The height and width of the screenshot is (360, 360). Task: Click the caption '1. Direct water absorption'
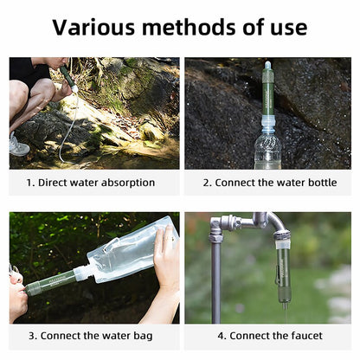(91, 183)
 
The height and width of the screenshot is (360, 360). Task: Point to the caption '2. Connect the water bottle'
(268, 183)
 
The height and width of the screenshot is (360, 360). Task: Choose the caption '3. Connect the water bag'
(91, 336)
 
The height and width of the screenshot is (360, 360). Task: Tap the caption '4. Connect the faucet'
(268, 336)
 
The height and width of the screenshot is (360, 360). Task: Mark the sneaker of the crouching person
(18, 145)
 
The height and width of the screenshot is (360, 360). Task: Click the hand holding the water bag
(166, 260)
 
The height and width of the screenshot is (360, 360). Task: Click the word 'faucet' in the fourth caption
(305, 336)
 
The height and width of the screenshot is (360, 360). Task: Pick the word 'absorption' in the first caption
(126, 183)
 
